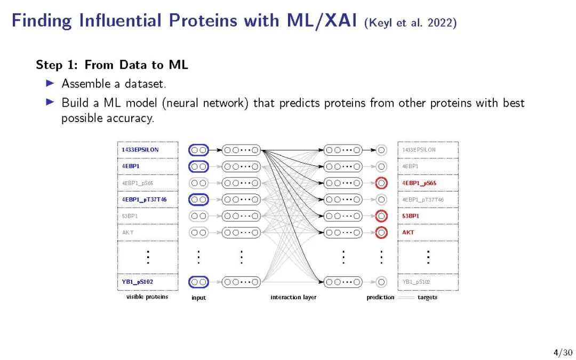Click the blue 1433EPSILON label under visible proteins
[140, 150]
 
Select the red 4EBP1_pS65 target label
[419, 183]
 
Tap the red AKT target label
[408, 233]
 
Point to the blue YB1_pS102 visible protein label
[138, 282]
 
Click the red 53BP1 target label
[411, 216]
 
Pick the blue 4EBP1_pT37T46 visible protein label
[144, 199]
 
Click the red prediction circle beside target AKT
[381, 233]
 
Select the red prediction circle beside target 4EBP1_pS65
[381, 183]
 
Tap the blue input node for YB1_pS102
[199, 282]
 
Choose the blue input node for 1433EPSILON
[199, 150]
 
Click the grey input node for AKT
[199, 233]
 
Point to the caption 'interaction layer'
[293, 297]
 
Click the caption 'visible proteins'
[147, 297]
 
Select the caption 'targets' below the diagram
[427, 297]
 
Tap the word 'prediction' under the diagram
[380, 297]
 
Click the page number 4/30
[563, 353]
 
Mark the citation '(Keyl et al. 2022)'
[410, 23]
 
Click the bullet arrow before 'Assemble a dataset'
[50, 83]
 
